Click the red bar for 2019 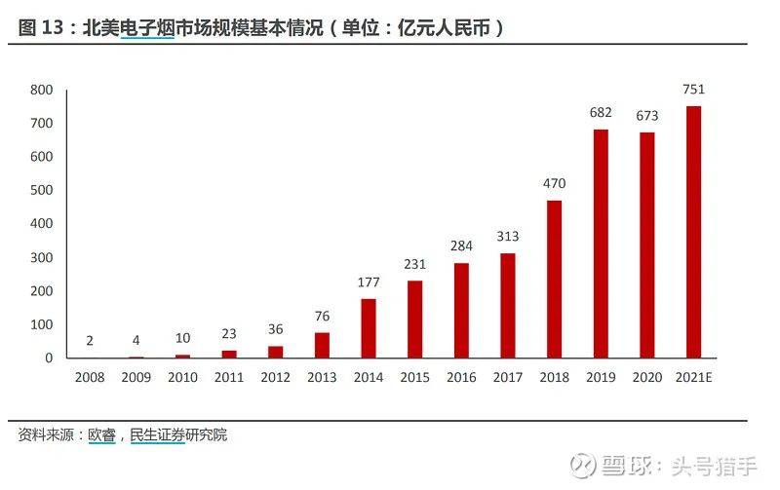(601, 244)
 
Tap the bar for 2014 (369, 328)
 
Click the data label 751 (693, 90)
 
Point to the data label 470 (554, 183)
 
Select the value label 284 (461, 245)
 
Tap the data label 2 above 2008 (90, 340)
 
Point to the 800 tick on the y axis (40, 90)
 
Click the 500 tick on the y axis (40, 190)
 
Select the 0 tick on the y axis (48, 358)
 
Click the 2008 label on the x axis (90, 376)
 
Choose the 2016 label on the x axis (461, 376)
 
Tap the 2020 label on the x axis (646, 376)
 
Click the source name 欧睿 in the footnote (101, 435)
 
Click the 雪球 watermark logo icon (582, 465)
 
